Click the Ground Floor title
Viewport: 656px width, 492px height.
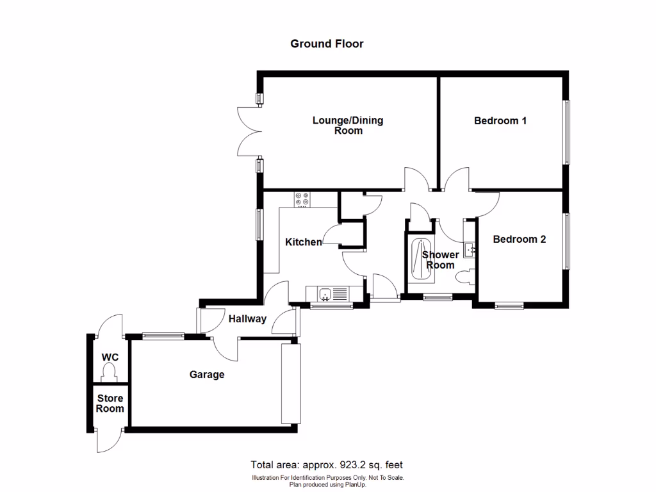[327, 44]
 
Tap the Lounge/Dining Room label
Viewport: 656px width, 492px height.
[348, 126]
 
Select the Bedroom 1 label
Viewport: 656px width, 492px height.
[500, 120]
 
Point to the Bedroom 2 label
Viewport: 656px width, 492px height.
[519, 240]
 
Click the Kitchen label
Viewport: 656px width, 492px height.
[303, 242]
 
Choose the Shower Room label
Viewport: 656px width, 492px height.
[440, 260]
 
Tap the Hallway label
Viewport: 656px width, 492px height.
[247, 318]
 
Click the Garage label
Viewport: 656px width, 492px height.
[206, 374]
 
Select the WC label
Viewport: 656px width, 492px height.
[110, 357]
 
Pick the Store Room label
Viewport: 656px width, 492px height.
[110, 404]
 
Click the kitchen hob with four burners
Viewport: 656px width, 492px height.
[302, 200]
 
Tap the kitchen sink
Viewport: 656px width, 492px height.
[326, 294]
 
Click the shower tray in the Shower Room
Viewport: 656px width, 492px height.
[420, 259]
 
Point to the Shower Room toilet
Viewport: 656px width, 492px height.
[465, 277]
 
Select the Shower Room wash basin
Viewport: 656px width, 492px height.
[470, 249]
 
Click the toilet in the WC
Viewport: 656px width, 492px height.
[110, 372]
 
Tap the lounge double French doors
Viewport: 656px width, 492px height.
[250, 131]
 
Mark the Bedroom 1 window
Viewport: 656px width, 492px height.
[566, 132]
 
